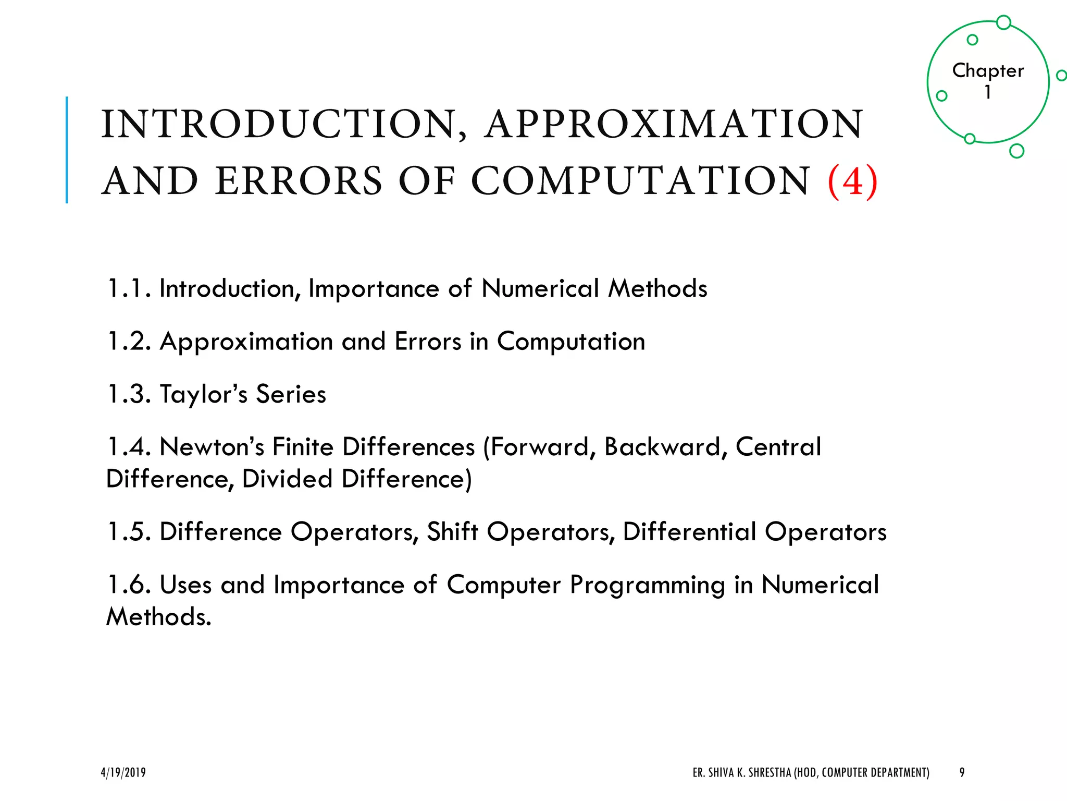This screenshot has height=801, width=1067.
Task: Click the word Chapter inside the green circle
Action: (988, 70)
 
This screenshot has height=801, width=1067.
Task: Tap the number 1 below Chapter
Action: (987, 92)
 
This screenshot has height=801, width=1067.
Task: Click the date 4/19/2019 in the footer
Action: (123, 772)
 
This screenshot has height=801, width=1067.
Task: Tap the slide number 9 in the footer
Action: (962, 772)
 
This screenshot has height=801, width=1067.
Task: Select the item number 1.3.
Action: (128, 394)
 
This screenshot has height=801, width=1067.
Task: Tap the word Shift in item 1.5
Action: (452, 532)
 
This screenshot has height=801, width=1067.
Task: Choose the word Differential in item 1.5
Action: (689, 532)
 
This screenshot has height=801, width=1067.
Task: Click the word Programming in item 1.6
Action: (647, 585)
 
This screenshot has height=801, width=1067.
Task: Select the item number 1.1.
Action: (128, 288)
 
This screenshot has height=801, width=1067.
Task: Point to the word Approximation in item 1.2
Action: (246, 342)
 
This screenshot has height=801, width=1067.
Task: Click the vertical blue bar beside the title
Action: (67, 150)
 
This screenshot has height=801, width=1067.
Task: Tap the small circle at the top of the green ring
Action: (1003, 22)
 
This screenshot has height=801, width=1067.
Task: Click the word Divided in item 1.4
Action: (287, 479)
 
